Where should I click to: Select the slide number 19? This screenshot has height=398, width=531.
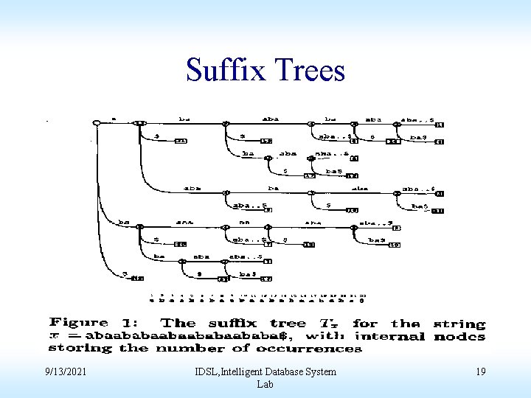(480, 371)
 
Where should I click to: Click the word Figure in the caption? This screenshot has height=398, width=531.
(79, 323)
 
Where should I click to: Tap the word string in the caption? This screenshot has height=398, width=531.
(461, 324)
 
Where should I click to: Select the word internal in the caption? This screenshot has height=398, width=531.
(397, 336)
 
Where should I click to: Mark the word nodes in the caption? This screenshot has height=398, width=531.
(460, 336)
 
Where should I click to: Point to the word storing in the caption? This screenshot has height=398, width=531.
(82, 348)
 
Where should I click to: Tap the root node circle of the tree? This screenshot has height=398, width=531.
(97, 122)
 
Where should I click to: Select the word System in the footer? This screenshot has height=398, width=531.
(319, 371)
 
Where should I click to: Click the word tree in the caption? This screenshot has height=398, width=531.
(291, 323)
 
